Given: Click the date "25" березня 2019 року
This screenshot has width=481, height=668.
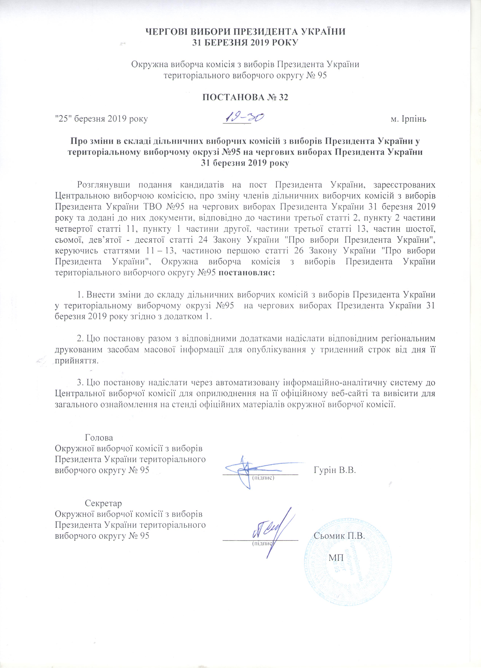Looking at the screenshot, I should [x=101, y=119].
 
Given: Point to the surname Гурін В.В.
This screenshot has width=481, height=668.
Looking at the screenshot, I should [x=335, y=470].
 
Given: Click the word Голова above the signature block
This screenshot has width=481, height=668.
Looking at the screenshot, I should [x=99, y=437].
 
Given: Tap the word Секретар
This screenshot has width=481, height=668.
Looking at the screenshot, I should [x=103, y=503].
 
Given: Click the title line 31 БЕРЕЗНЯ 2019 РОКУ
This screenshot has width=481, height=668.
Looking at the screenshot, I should [x=245, y=43].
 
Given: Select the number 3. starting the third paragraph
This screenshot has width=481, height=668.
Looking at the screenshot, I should [x=81, y=383].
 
